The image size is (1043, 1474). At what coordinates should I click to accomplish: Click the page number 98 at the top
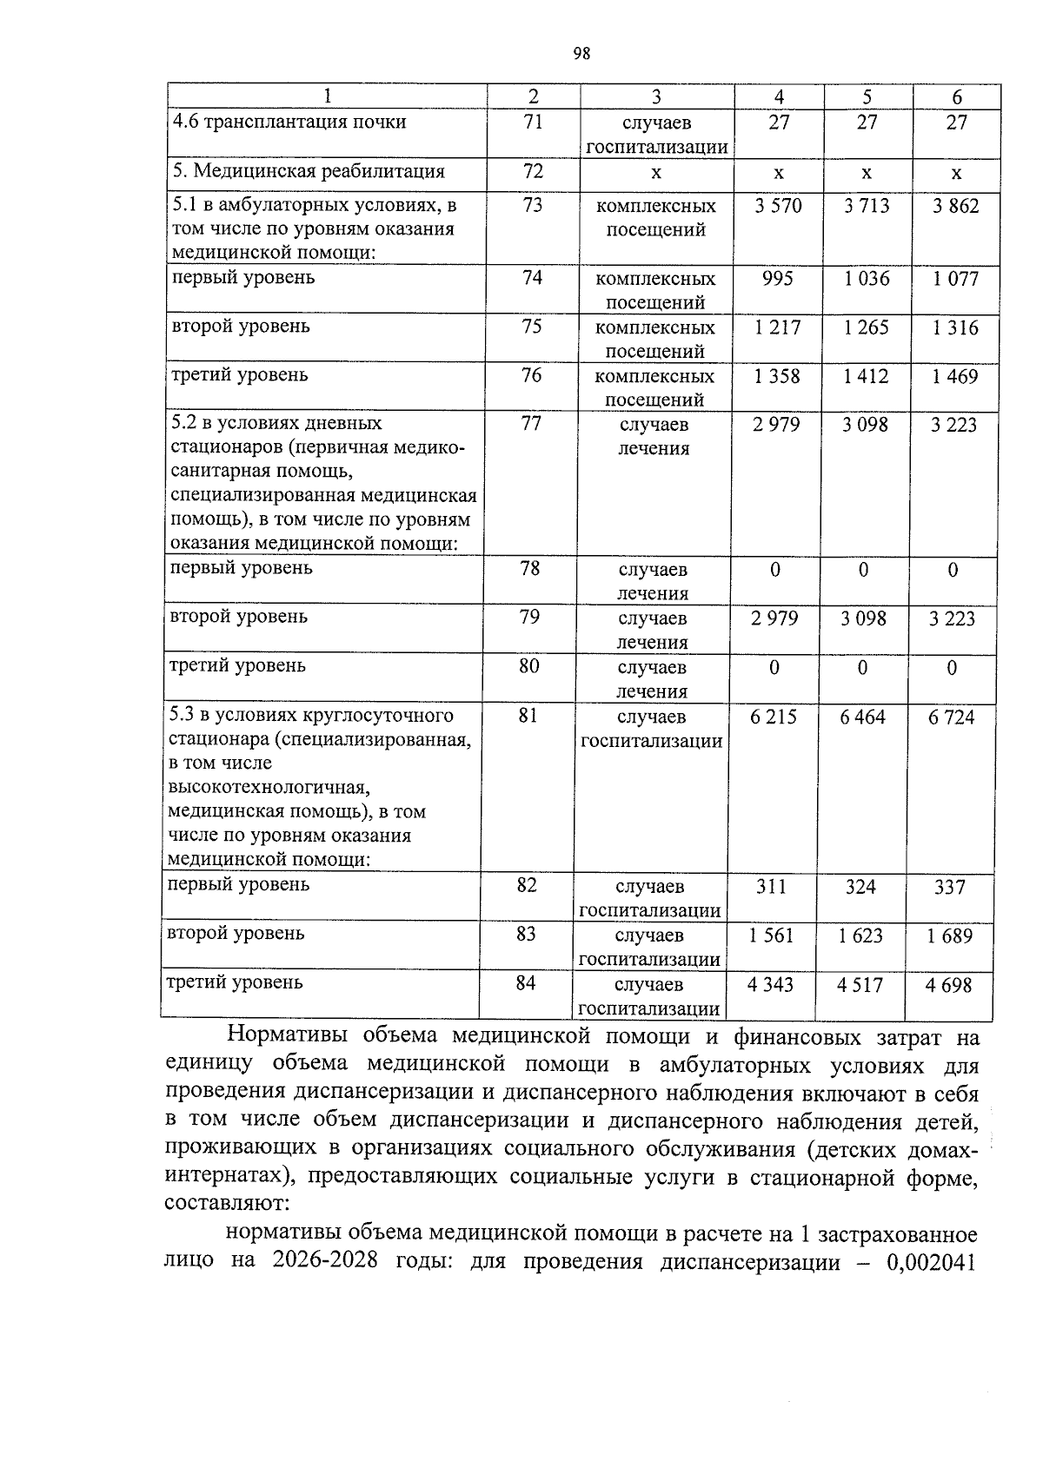pos(582,54)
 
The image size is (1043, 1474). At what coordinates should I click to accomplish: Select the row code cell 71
pos(533,122)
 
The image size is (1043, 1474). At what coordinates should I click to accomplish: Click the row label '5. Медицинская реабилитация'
pos(309,171)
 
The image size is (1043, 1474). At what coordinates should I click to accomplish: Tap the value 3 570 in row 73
pos(778,206)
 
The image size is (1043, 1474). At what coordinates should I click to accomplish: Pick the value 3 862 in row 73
pos(955,206)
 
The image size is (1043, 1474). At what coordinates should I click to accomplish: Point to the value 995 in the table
pos(777,279)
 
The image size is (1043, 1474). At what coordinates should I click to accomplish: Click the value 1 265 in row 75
pos(867,327)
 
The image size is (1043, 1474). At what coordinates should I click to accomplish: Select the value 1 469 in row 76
pos(954,376)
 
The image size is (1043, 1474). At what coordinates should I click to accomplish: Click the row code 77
pos(531,424)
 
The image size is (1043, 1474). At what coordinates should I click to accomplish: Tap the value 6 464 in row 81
pos(862,717)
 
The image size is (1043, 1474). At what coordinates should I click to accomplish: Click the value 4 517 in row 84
pos(860,985)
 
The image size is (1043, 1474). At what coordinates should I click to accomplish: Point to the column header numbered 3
pos(656,96)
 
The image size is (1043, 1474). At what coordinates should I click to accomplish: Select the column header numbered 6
pos(957,96)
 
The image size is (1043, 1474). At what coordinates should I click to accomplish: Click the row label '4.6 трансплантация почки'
pos(289,122)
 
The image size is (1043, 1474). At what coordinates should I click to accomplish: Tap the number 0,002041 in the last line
pos(932,1261)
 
